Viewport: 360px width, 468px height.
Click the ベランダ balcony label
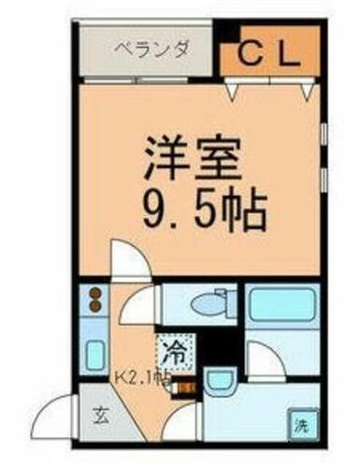150,49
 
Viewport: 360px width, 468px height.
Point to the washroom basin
219,384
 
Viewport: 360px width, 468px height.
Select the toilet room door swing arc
137,306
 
